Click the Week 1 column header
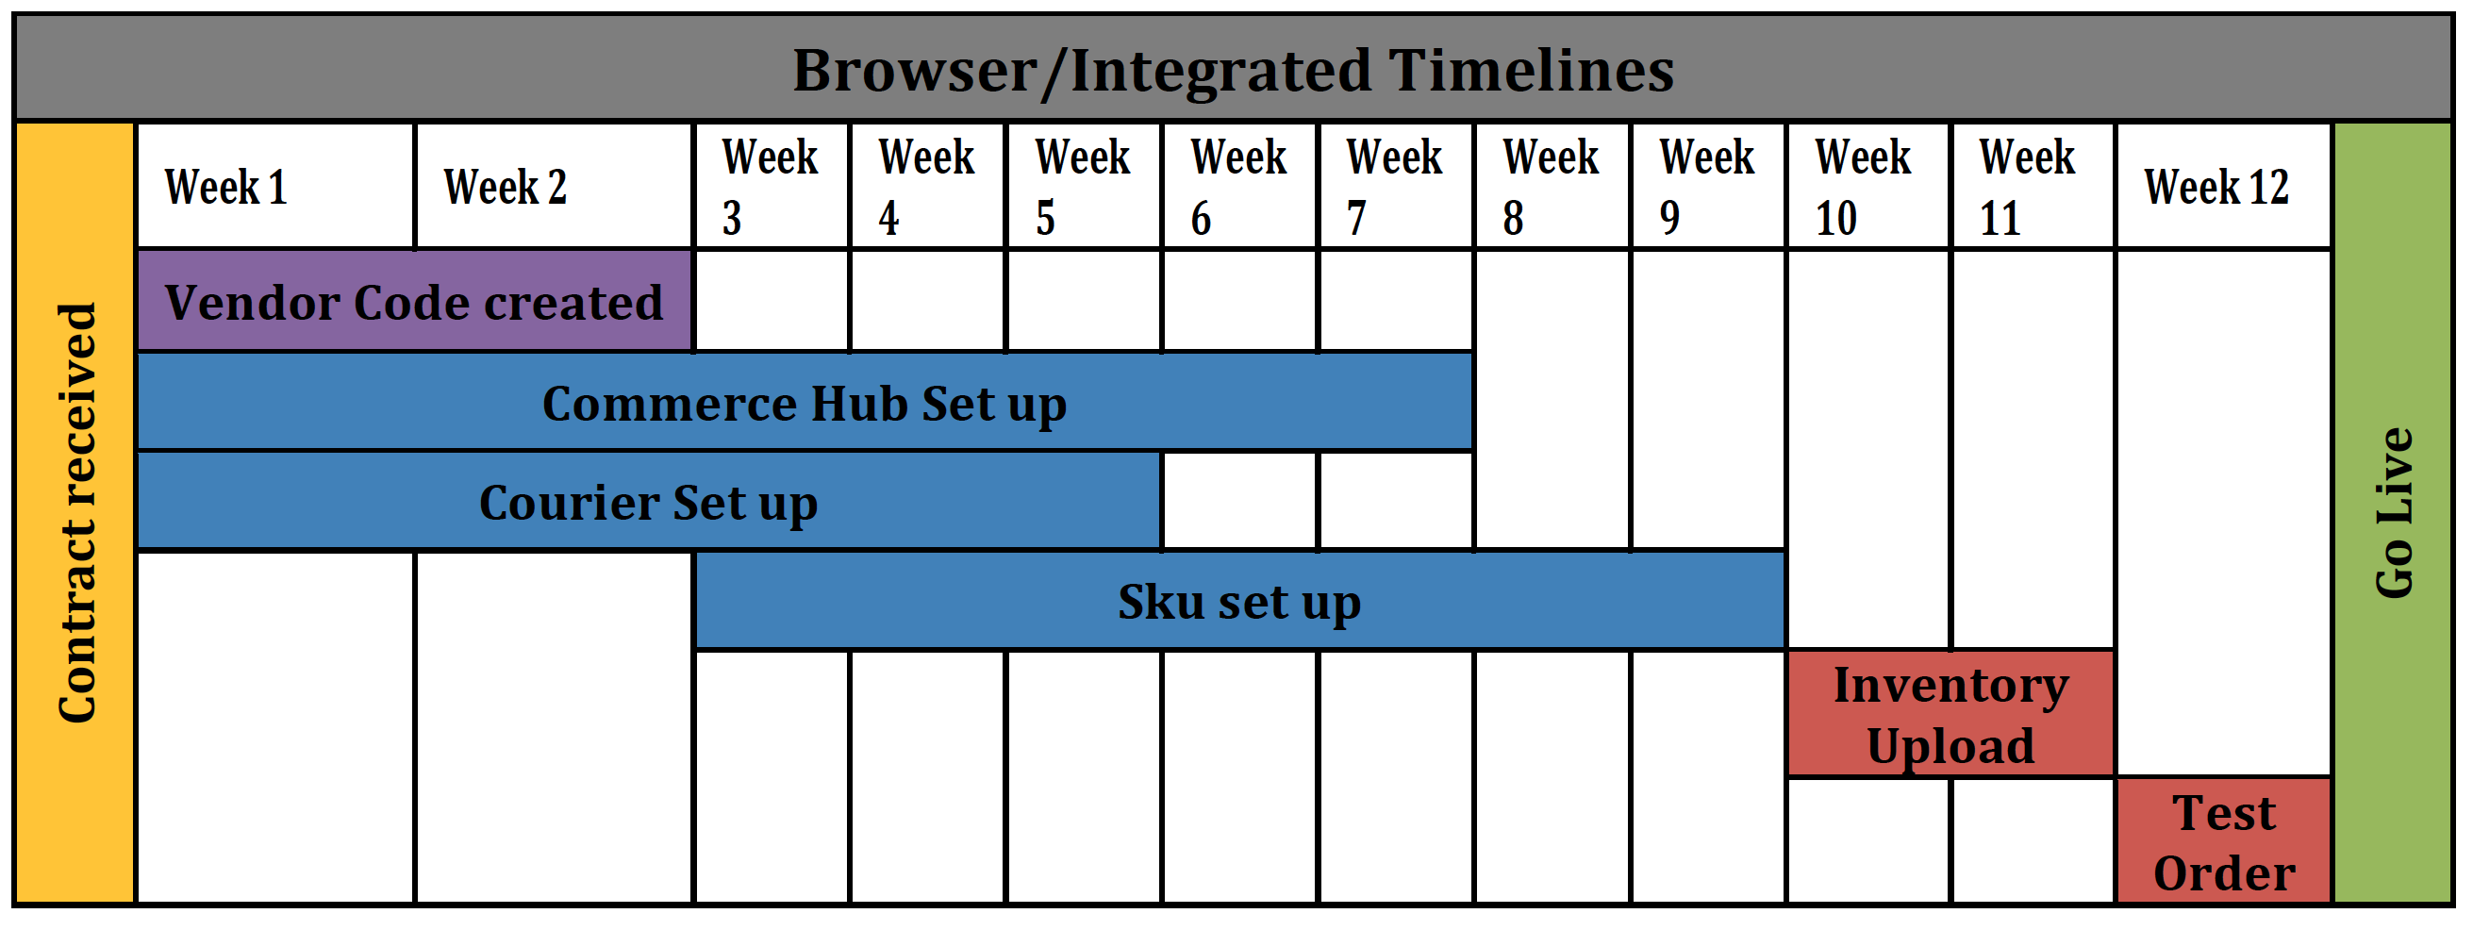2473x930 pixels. click(275, 186)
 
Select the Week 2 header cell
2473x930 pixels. click(554, 186)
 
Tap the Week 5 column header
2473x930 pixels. click(1084, 186)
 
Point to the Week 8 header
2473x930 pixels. click(1552, 186)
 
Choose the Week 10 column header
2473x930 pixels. click(1868, 186)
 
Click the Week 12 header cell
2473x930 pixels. click(2224, 186)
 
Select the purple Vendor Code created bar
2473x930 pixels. click(415, 302)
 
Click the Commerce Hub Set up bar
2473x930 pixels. click(805, 403)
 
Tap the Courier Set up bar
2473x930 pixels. click(649, 502)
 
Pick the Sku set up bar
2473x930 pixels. click(1240, 602)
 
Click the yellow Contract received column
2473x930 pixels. click(75, 513)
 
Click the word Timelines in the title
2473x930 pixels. click(1531, 71)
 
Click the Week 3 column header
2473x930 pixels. click(772, 186)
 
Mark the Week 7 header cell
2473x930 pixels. click(1396, 186)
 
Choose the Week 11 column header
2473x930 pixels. click(2033, 186)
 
